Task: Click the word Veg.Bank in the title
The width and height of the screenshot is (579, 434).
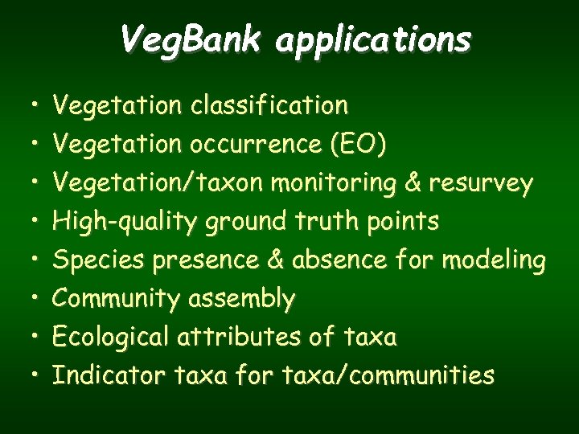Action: pos(191,39)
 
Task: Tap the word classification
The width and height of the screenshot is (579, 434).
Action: pos(269,105)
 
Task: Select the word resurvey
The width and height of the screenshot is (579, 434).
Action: pos(481,184)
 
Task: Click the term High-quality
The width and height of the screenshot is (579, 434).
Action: pos(125,222)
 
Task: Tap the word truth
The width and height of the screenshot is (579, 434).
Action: pos(329,222)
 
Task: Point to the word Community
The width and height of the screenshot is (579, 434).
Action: pos(116,299)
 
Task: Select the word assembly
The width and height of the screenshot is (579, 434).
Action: pos(241,299)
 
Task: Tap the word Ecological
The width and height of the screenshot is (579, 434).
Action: pos(109,338)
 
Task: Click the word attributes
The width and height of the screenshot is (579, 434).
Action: pos(237,338)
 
